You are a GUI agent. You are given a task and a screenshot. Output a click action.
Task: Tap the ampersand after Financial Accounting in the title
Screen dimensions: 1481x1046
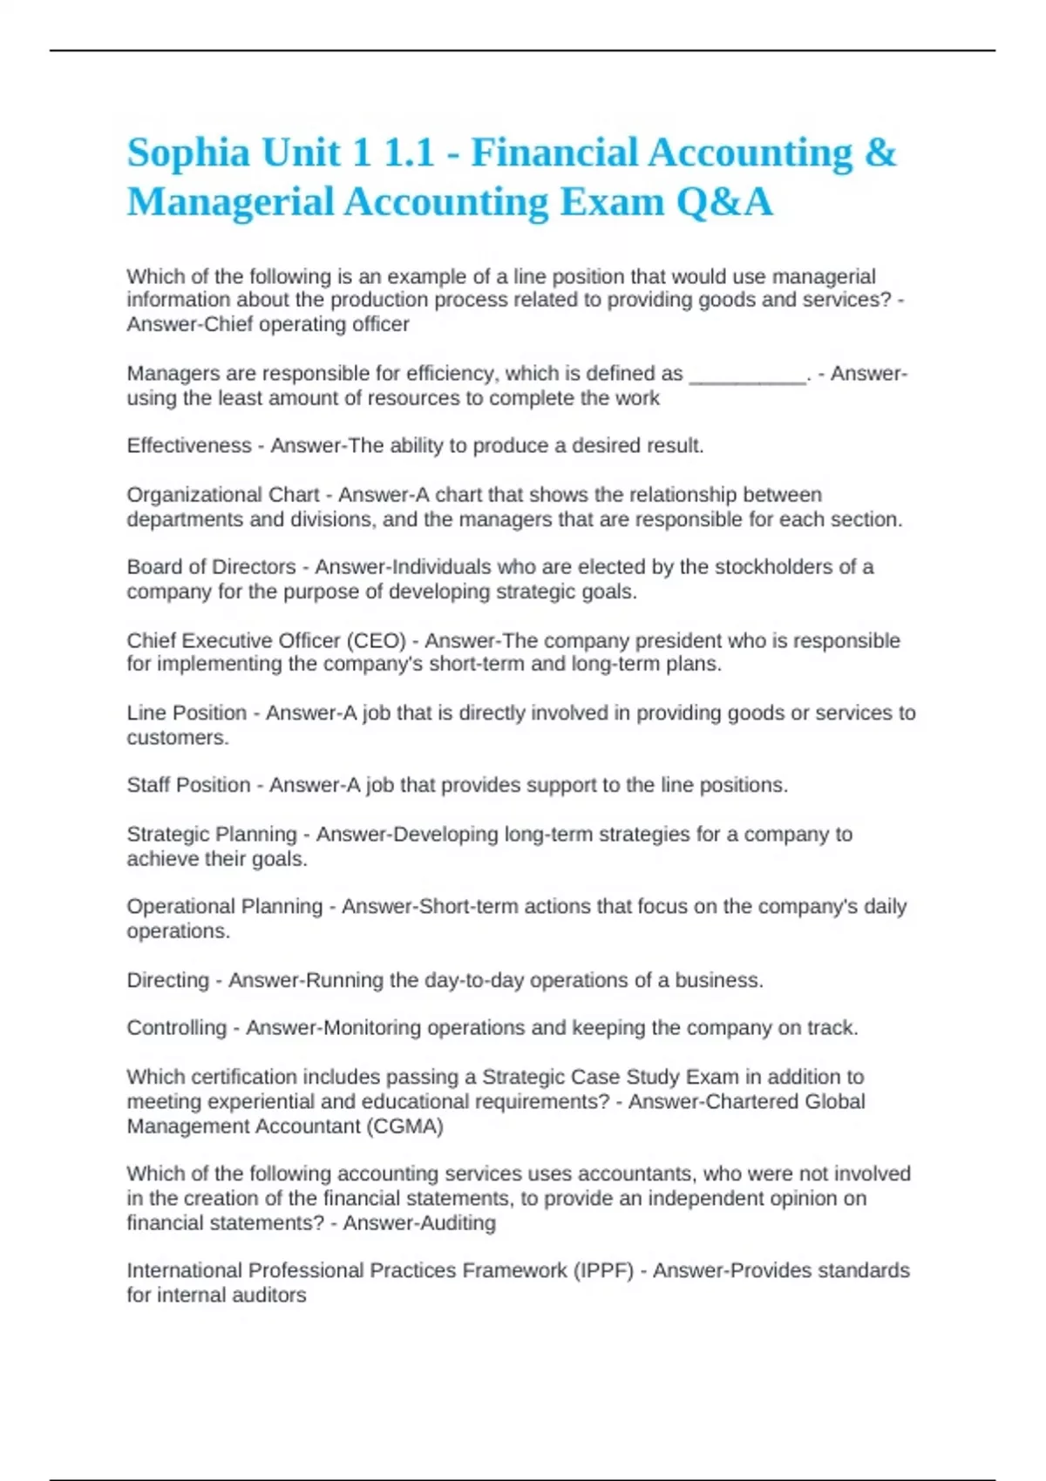(x=880, y=153)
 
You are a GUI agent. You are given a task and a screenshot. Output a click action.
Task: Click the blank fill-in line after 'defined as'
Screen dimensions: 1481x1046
(x=748, y=375)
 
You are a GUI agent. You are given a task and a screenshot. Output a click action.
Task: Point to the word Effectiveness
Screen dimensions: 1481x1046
(x=189, y=446)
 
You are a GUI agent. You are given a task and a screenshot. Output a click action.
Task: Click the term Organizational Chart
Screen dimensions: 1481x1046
(x=223, y=495)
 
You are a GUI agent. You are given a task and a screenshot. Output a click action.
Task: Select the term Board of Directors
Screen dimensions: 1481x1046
(x=212, y=567)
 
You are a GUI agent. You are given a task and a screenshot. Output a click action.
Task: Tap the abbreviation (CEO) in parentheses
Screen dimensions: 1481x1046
(x=377, y=641)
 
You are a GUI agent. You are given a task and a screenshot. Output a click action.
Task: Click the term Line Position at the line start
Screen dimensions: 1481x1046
(x=187, y=713)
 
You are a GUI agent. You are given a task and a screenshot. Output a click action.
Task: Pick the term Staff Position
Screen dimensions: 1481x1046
(x=188, y=785)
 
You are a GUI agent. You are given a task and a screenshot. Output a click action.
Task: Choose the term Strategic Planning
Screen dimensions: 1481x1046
(x=212, y=835)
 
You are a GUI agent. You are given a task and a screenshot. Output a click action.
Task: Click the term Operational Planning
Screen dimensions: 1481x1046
(x=225, y=907)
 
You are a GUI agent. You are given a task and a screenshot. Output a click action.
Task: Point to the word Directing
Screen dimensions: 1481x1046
(x=168, y=981)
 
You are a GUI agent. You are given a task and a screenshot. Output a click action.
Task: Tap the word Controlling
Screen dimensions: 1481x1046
(x=177, y=1028)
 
